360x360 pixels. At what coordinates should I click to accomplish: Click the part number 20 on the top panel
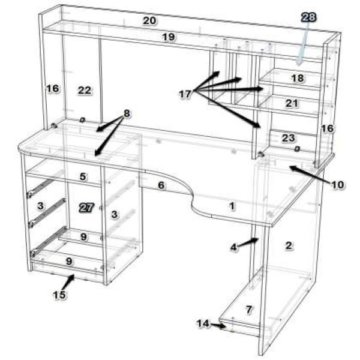(x=149, y=20)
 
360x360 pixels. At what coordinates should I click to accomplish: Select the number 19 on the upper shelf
(x=169, y=37)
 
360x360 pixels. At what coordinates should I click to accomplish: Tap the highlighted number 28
(x=308, y=17)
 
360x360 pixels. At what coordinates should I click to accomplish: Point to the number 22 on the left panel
(x=85, y=91)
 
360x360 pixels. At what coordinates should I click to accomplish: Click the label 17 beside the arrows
(x=185, y=94)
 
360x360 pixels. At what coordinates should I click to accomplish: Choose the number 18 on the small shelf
(x=298, y=78)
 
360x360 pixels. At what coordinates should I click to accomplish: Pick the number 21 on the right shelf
(x=292, y=103)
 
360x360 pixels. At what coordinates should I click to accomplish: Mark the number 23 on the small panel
(x=289, y=138)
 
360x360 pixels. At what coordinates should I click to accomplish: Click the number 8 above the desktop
(x=127, y=113)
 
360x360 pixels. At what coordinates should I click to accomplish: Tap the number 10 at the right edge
(x=337, y=185)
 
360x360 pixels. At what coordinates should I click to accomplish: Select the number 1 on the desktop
(x=232, y=206)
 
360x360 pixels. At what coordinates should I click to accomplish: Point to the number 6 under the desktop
(x=161, y=185)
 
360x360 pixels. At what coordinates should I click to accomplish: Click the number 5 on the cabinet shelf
(x=83, y=176)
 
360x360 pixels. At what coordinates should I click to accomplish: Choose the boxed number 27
(x=86, y=208)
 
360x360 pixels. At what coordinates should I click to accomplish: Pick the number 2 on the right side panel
(x=289, y=245)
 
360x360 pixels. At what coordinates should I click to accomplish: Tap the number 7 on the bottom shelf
(x=249, y=310)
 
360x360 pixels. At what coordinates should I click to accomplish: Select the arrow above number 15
(x=68, y=282)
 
